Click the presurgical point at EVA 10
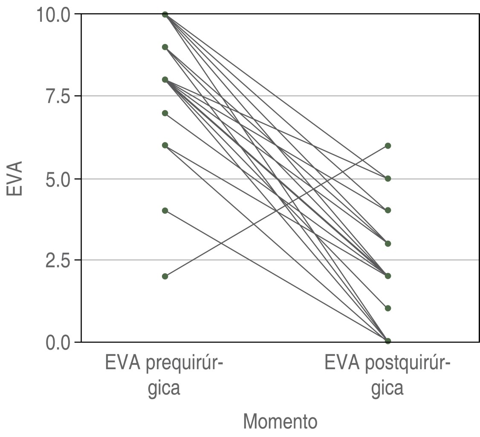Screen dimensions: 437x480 tap(165, 15)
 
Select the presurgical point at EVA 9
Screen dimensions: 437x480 tap(165, 47)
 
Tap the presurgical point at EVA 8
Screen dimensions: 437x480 tap(165, 80)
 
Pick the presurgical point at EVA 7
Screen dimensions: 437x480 tap(165, 113)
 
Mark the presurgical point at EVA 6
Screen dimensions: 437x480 tap(165, 146)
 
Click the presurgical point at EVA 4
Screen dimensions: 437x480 tap(165, 210)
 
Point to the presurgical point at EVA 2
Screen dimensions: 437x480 tap(165, 276)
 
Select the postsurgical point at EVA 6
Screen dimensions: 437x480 tap(388, 146)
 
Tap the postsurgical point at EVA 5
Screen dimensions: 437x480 tap(388, 178)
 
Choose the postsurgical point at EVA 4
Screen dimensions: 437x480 tap(388, 210)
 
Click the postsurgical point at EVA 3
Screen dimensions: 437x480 tap(388, 244)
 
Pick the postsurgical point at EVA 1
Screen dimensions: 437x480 tap(388, 308)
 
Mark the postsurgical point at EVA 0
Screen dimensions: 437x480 tap(388, 341)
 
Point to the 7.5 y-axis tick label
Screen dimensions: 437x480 tap(58, 96)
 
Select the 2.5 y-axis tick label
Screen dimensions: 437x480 tap(58, 260)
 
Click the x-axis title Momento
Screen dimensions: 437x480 tap(280, 422)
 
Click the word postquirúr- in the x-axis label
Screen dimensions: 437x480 tap(407, 364)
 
